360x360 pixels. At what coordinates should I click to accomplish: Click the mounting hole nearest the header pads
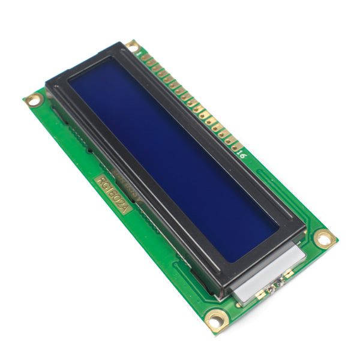[131, 45]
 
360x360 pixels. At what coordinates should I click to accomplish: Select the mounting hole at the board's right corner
[325, 239]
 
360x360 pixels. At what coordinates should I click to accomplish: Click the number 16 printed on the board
[242, 154]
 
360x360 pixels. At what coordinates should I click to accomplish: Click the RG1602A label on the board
[112, 193]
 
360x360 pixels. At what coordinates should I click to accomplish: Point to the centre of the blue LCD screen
[174, 159]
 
